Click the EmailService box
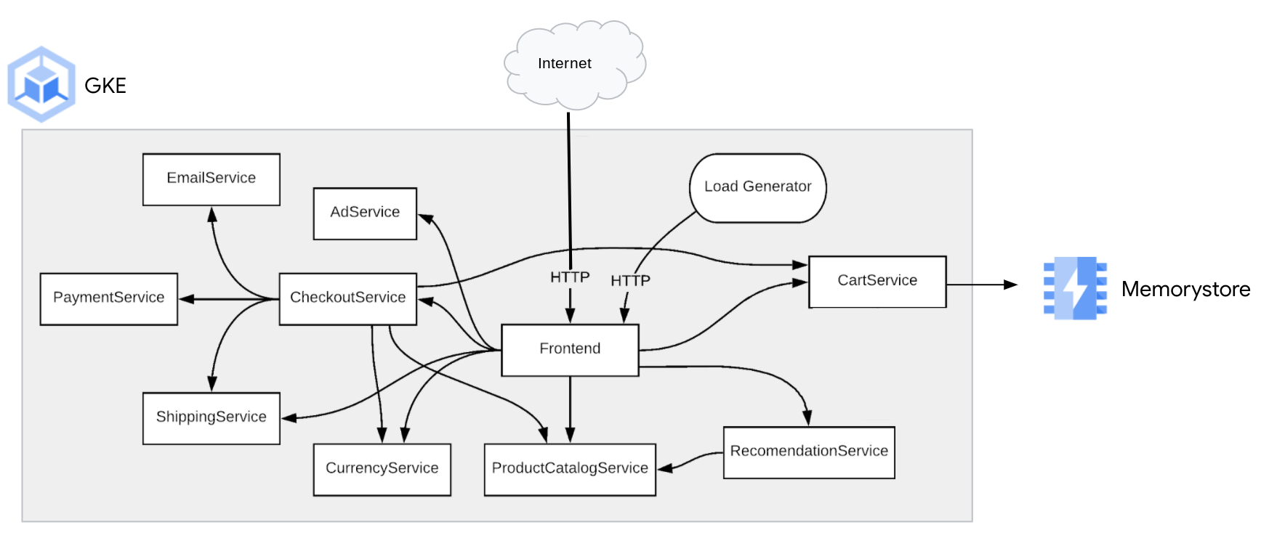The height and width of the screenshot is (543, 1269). (x=211, y=179)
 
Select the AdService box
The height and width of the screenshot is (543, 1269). (x=364, y=213)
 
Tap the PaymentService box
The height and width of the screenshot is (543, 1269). (x=108, y=298)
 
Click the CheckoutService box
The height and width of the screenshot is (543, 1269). (x=347, y=298)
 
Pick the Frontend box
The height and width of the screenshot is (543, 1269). (x=570, y=349)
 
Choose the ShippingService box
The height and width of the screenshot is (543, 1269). (x=211, y=417)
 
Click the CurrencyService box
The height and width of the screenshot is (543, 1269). (x=382, y=469)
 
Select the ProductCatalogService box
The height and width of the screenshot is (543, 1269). (x=570, y=469)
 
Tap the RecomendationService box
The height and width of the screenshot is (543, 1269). (x=808, y=452)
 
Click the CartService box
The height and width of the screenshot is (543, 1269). (x=877, y=281)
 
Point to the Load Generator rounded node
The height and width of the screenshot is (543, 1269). (x=757, y=187)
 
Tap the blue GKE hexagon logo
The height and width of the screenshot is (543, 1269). (x=41, y=85)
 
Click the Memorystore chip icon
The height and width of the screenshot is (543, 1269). (x=1074, y=288)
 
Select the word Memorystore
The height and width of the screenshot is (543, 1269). (x=1185, y=290)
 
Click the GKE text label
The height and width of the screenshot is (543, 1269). (x=105, y=86)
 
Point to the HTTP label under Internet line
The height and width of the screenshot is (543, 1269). (x=569, y=277)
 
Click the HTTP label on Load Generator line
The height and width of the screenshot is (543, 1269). (x=629, y=281)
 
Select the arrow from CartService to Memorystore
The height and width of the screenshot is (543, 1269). (x=981, y=285)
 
